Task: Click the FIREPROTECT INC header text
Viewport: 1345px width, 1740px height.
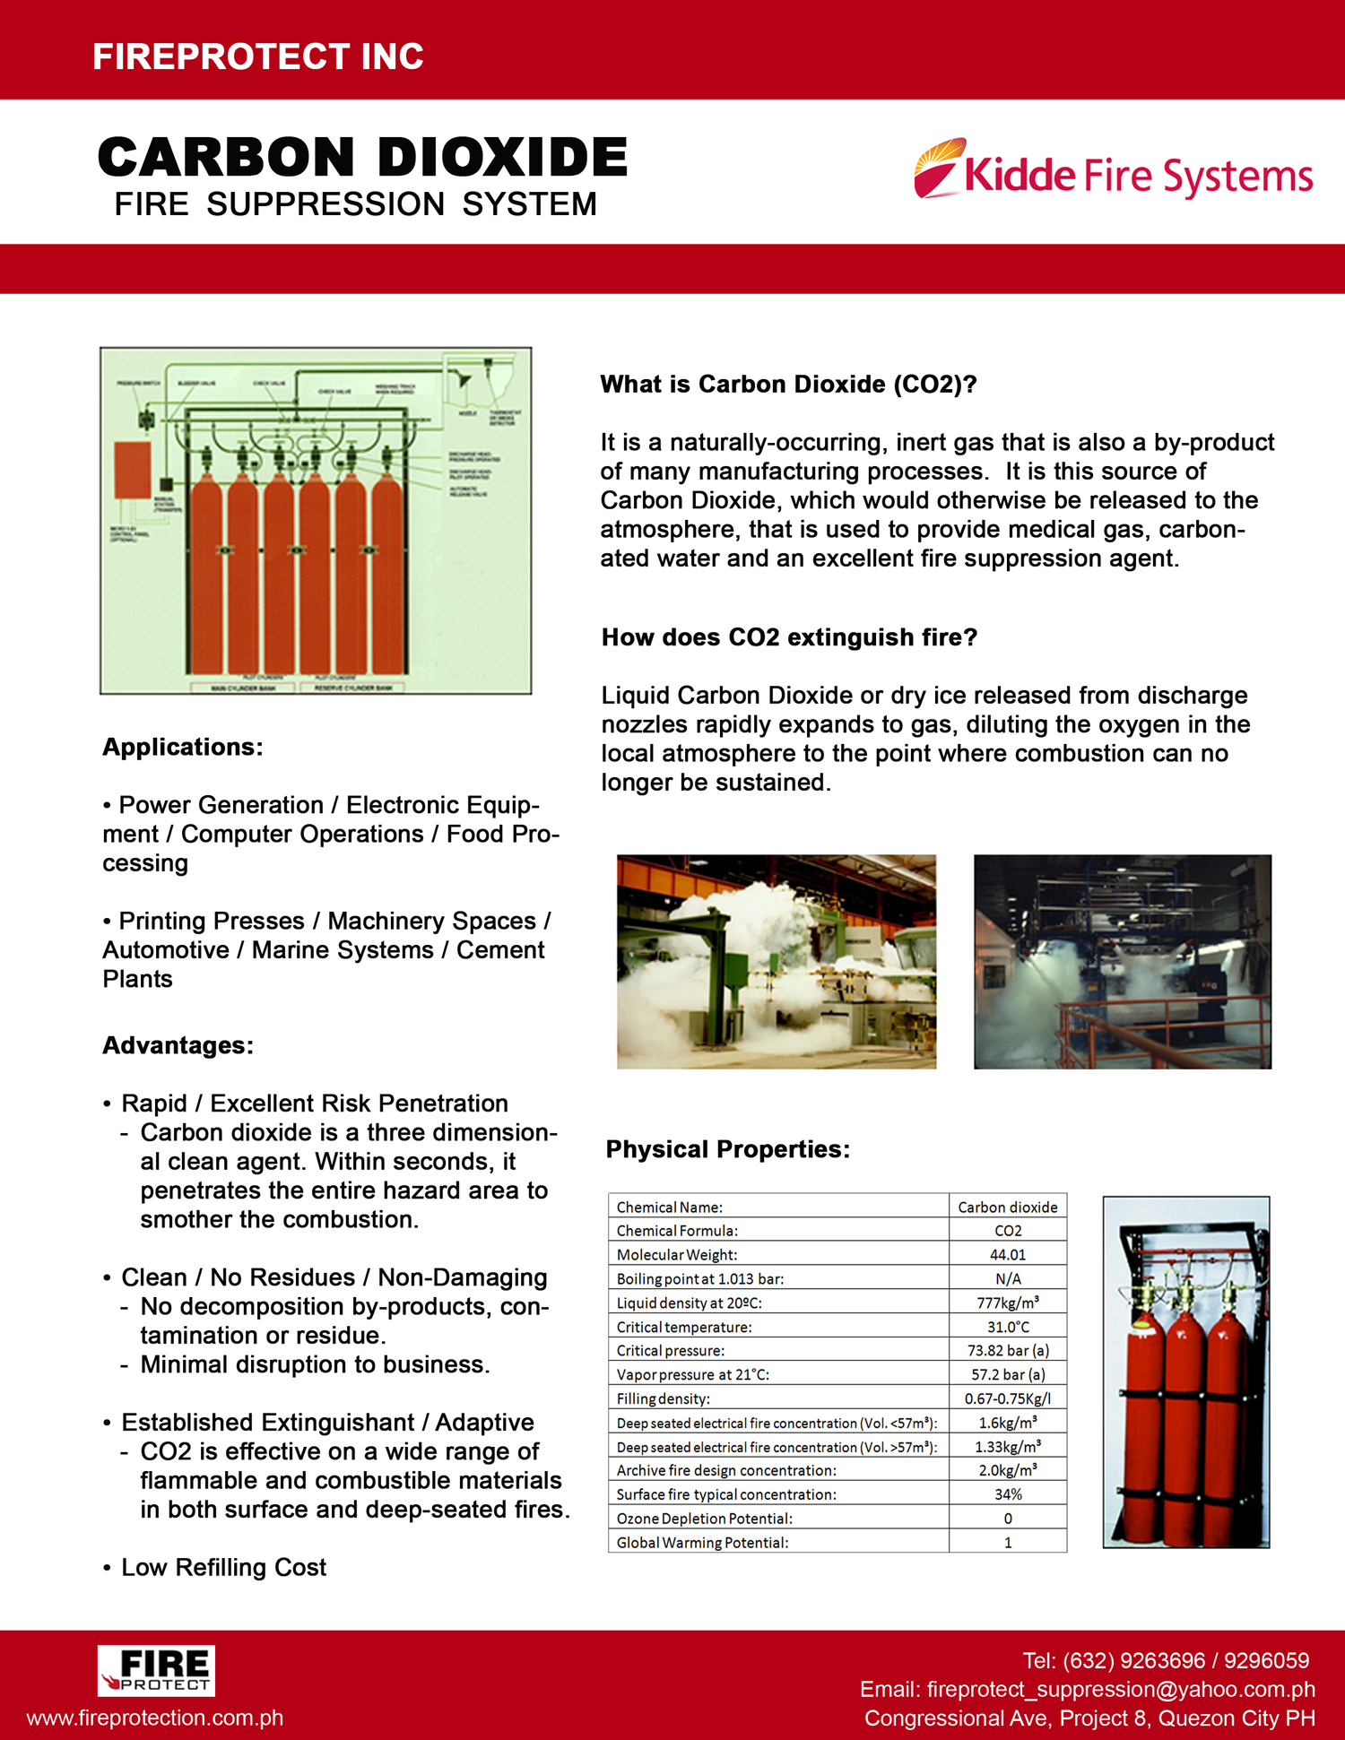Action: [258, 56]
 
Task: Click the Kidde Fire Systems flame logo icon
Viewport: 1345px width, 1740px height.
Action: [938, 169]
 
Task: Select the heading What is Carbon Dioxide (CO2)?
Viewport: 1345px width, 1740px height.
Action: [788, 385]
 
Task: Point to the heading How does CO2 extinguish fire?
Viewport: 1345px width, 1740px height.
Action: [789, 637]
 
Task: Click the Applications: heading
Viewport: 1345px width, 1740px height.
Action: [183, 747]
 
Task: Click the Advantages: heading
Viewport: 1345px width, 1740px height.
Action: [178, 1045]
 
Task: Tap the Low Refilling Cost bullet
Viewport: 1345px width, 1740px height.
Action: [223, 1567]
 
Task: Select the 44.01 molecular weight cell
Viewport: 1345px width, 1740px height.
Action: [1008, 1255]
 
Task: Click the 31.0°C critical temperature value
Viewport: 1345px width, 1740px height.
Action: [1008, 1327]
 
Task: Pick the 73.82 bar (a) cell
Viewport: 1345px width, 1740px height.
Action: [1008, 1351]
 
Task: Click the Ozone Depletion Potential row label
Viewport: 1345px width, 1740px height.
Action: [704, 1519]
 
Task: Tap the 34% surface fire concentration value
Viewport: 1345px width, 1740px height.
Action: [1008, 1494]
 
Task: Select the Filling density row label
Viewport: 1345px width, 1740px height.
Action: [663, 1398]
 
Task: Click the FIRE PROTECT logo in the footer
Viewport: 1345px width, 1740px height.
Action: [156, 1670]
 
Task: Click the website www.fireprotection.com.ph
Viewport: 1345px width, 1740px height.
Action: [155, 1718]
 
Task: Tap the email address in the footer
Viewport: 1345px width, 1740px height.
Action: [1087, 1689]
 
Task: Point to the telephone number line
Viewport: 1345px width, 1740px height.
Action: [1166, 1660]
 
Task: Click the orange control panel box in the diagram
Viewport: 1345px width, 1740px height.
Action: [133, 470]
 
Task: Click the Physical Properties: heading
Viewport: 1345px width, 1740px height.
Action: [727, 1149]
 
